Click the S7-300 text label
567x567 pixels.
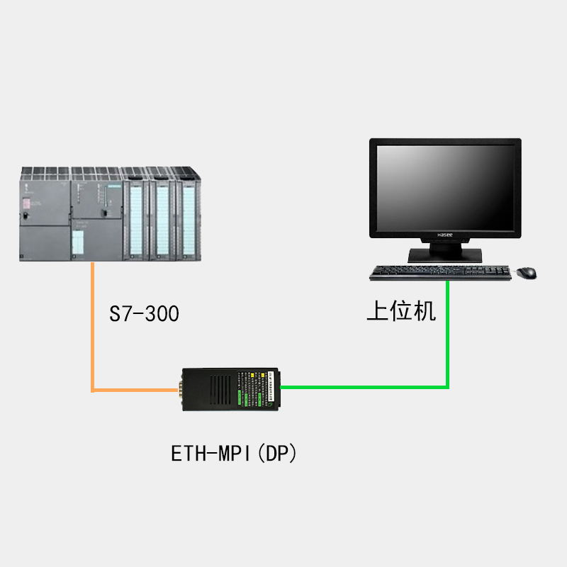[144, 313]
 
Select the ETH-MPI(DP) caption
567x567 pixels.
[234, 453]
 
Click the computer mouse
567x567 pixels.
[526, 272]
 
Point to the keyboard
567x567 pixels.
[440, 272]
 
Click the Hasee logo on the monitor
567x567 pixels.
[444, 233]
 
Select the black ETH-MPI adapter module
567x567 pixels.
[230, 388]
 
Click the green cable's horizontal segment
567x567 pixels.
[361, 387]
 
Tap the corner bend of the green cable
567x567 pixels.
[447, 387]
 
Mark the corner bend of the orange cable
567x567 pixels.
[93, 389]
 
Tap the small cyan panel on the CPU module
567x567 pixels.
[78, 241]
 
